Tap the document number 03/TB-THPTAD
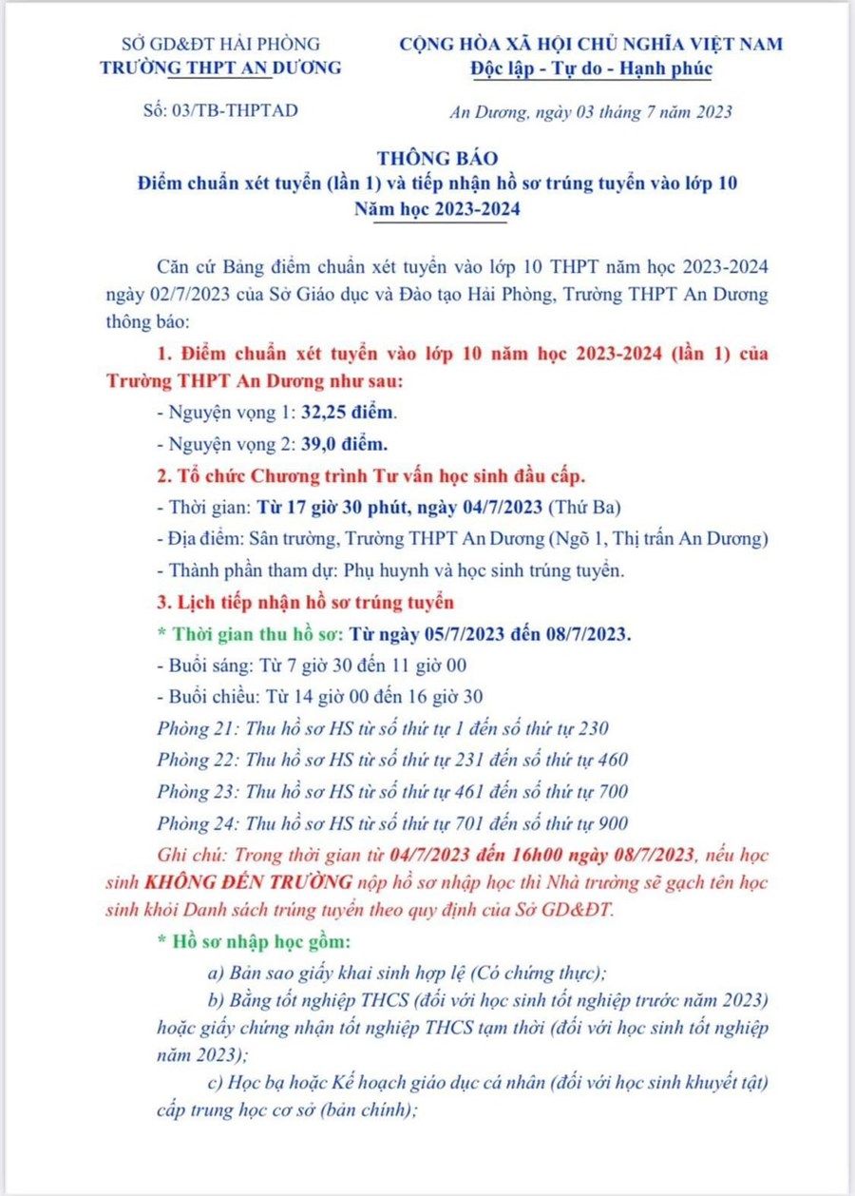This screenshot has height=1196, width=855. point(231,110)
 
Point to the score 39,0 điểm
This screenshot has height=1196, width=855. point(345,444)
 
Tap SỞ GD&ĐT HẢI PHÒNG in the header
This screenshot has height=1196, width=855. point(221,44)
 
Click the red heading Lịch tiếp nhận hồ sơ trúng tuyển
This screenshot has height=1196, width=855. point(311,602)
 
